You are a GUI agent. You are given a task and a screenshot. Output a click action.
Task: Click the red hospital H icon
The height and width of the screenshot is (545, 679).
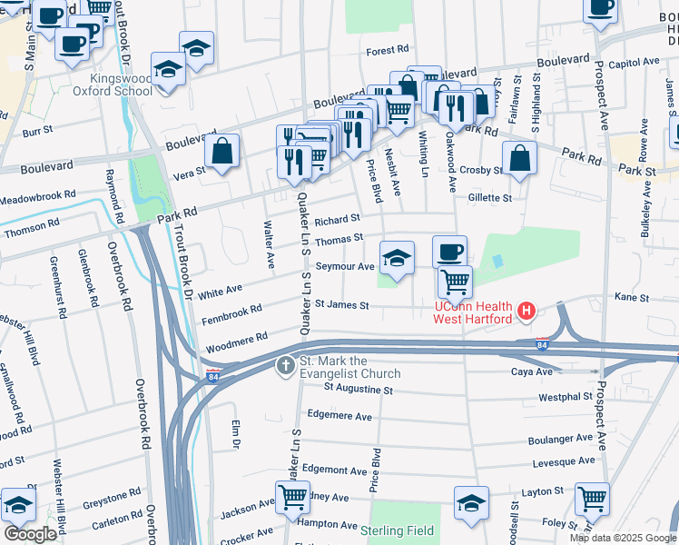(526, 313)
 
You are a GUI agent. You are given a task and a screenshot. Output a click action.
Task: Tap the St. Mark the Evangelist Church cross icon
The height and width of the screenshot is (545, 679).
(285, 366)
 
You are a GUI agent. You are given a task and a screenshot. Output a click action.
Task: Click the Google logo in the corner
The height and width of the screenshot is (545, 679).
(30, 534)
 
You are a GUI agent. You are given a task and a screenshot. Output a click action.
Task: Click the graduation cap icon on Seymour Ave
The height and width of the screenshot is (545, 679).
(397, 258)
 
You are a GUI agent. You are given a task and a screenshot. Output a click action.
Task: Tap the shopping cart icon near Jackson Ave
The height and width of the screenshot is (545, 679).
(292, 497)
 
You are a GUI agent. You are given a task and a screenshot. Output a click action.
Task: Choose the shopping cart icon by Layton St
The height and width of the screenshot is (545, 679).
(592, 497)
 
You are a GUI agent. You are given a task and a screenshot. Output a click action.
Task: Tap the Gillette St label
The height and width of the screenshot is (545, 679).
(490, 197)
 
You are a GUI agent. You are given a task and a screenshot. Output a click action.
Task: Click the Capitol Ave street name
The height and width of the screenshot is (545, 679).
(635, 64)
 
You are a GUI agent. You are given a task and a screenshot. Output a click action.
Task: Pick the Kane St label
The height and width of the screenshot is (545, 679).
(632, 297)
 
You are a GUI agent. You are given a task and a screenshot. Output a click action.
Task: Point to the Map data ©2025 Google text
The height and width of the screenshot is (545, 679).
(623, 538)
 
